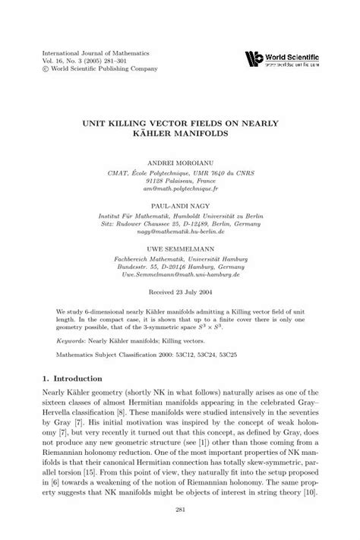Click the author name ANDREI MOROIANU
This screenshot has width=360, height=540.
pyautogui.click(x=180, y=163)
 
